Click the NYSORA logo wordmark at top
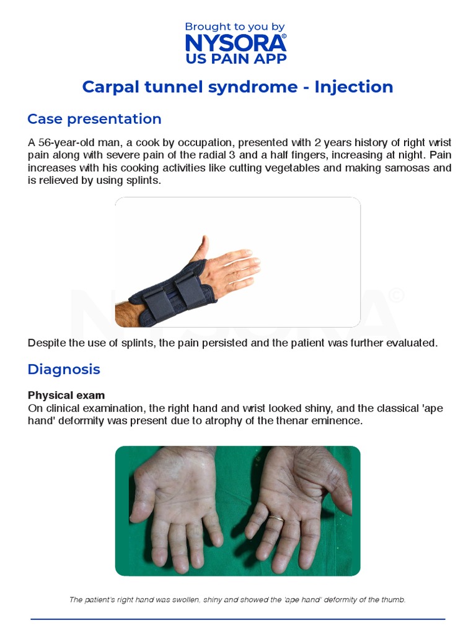point(235,43)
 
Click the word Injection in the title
point(353,87)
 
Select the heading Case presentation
point(94,119)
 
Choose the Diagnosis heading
point(63,370)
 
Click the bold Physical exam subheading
point(66,395)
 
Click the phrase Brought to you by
point(235,27)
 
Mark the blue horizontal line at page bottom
point(238,619)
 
